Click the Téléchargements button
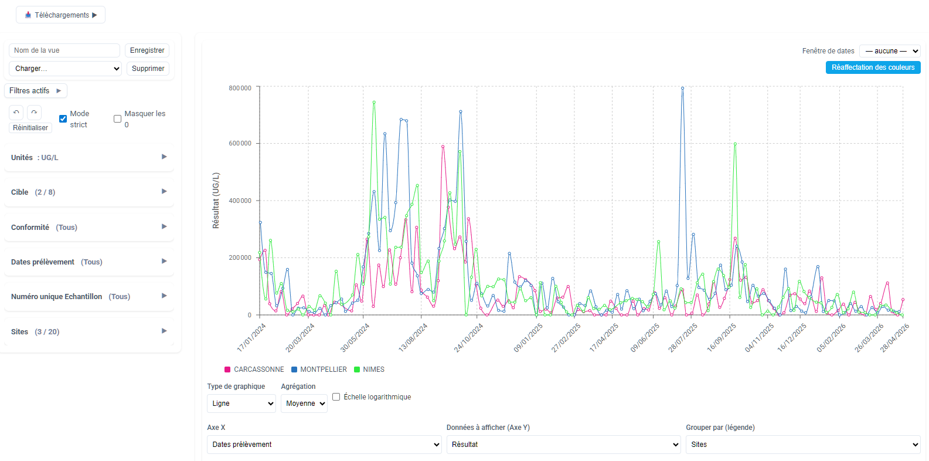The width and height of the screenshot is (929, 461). [60, 15]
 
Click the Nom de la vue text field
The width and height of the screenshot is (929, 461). [64, 50]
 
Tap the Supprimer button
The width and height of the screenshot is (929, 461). [148, 69]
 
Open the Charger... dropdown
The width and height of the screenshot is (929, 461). [65, 69]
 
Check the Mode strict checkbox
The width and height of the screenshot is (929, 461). [63, 119]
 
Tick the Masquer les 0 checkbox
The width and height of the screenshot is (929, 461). [117, 119]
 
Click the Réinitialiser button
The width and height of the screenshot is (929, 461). [30, 128]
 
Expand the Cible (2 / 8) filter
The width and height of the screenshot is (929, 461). [89, 192]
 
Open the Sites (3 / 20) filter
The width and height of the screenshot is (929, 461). [89, 331]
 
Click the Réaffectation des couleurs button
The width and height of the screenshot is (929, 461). [873, 67]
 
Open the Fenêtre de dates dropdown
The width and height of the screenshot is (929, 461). [890, 51]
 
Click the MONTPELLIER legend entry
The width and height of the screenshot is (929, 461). [319, 370]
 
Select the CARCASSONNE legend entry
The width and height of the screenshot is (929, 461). [254, 370]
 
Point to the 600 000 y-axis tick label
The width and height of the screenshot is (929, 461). [240, 144]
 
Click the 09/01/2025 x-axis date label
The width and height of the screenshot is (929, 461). [528, 338]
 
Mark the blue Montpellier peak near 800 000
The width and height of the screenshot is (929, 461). [682, 89]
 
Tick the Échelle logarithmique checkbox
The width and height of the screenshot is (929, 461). [336, 397]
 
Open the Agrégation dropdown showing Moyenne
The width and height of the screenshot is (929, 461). [304, 404]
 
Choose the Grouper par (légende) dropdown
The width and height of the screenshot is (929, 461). [803, 445]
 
